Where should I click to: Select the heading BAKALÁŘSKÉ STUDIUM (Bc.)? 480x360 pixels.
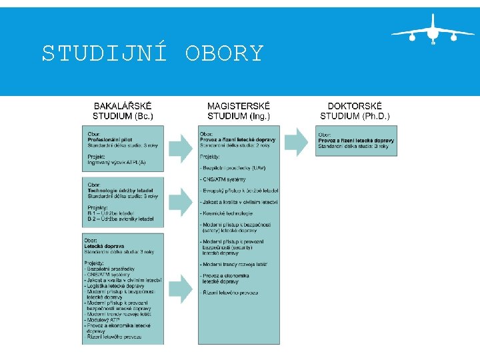(x=123, y=111)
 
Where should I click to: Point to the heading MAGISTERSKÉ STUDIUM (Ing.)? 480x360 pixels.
(x=239, y=111)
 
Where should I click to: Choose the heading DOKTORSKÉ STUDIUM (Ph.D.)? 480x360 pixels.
(x=355, y=111)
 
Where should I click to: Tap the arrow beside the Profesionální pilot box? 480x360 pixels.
(x=181, y=147)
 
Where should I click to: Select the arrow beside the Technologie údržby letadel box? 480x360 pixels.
(x=181, y=201)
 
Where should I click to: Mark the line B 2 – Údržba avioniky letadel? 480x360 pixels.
(x=121, y=218)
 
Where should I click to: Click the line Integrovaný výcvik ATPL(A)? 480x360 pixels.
(x=117, y=162)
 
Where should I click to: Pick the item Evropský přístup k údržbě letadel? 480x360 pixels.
(x=240, y=191)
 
